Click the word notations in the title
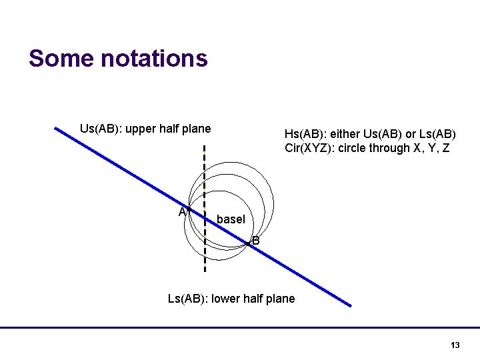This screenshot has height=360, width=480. pyautogui.click(x=154, y=59)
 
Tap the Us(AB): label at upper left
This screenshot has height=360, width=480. pyautogui.click(x=100, y=129)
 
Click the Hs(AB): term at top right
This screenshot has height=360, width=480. pyautogui.click(x=305, y=134)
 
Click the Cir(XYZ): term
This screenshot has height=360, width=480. pyautogui.click(x=310, y=148)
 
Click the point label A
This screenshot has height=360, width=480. pyautogui.click(x=182, y=212)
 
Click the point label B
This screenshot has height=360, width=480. pyautogui.click(x=255, y=241)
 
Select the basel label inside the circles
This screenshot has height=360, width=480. pyautogui.click(x=231, y=219)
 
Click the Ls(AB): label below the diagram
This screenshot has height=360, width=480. pyautogui.click(x=187, y=299)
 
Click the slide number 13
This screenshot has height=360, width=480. pyautogui.click(x=455, y=345)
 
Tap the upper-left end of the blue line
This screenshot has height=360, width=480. pyautogui.click(x=56, y=129)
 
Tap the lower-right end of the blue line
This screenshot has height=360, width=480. pyautogui.click(x=350, y=305)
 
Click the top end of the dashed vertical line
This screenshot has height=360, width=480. pyautogui.click(x=204, y=146)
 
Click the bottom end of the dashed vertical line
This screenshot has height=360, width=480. pyautogui.click(x=204, y=272)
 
